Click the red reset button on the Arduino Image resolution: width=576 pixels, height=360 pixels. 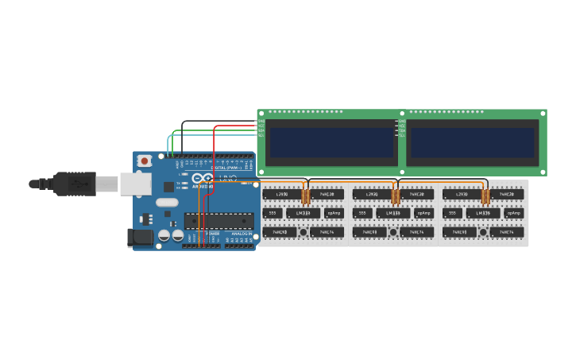pos(145,161)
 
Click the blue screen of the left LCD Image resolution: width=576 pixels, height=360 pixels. pos(332,142)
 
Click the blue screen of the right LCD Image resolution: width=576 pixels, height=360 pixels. pos(472,142)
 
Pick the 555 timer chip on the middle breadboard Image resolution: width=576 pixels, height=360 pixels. pos(361,213)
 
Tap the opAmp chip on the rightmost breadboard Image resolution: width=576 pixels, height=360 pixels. pos(513,213)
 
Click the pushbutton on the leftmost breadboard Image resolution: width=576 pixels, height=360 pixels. pos(303,232)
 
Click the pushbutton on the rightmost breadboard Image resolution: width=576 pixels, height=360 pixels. pos(483,232)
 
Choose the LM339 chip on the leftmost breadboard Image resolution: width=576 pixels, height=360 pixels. pos(303,213)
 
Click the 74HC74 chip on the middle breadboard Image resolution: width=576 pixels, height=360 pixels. pos(417,232)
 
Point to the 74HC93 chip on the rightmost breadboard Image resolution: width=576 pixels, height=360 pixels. pos(459,232)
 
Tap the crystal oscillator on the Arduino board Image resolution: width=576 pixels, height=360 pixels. pos(168,202)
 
